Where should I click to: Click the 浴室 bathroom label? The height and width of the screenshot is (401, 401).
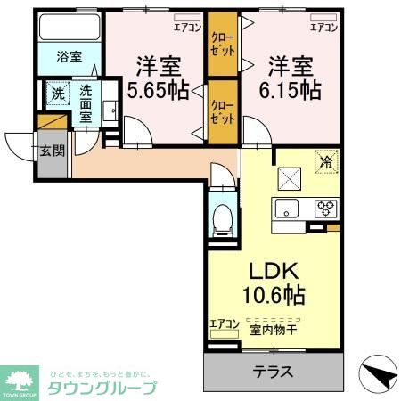[69, 58]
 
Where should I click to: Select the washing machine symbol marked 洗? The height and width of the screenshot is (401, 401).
[56, 94]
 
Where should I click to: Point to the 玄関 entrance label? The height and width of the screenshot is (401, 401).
[53, 151]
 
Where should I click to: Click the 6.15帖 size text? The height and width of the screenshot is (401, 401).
[289, 90]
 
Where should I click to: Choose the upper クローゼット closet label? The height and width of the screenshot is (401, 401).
[222, 45]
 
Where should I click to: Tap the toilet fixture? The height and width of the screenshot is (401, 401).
[222, 218]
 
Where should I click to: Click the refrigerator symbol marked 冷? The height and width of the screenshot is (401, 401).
[326, 163]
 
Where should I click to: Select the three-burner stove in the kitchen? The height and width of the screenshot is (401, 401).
[325, 210]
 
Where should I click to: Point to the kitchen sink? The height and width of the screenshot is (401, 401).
[288, 210]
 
